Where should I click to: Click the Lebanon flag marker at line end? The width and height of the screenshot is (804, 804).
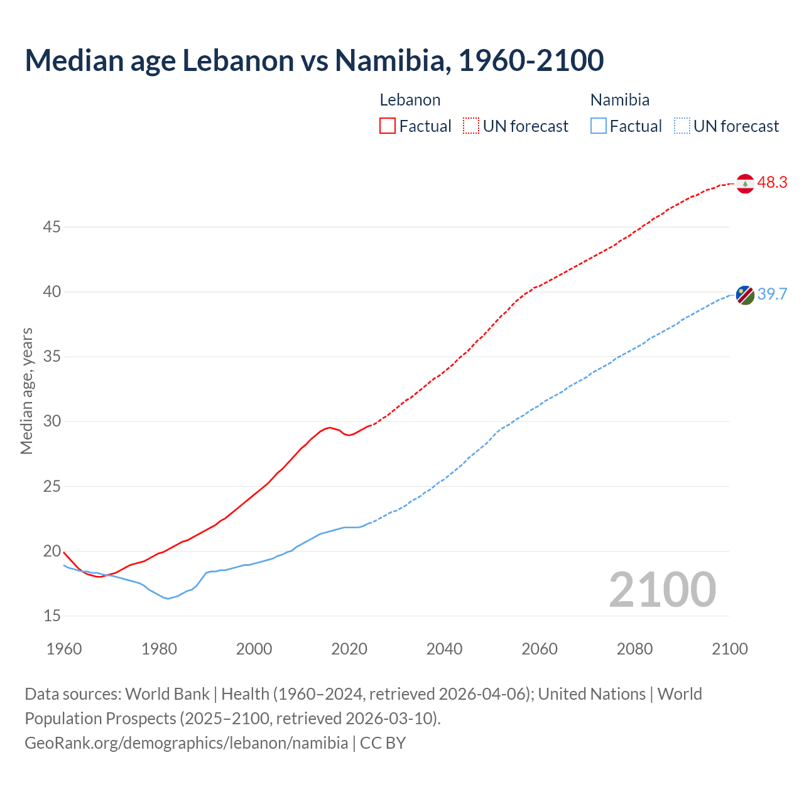pyautogui.click(x=745, y=183)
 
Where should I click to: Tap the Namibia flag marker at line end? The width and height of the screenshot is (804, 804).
pyautogui.click(x=745, y=295)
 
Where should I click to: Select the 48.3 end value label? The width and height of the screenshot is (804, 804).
pyautogui.click(x=772, y=183)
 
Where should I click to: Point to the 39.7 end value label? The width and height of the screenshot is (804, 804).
pyautogui.click(x=772, y=294)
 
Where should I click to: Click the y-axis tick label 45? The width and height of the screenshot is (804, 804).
pyautogui.click(x=52, y=227)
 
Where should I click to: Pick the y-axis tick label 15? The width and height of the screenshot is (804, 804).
pyautogui.click(x=52, y=616)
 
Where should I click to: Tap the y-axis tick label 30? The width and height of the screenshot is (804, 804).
pyautogui.click(x=52, y=421)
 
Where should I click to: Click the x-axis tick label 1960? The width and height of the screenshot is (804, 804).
pyautogui.click(x=64, y=649)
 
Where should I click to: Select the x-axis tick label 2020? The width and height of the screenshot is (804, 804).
pyautogui.click(x=349, y=649)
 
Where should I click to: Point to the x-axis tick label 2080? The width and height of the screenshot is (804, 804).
pyautogui.click(x=634, y=649)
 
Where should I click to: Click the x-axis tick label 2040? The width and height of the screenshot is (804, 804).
pyautogui.click(x=444, y=649)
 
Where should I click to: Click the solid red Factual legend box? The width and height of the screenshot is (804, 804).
pyautogui.click(x=388, y=126)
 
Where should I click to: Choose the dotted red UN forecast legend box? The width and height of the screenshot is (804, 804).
pyautogui.click(x=471, y=126)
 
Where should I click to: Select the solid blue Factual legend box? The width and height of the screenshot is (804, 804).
pyautogui.click(x=599, y=126)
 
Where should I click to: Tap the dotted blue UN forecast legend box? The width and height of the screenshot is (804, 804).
pyautogui.click(x=682, y=126)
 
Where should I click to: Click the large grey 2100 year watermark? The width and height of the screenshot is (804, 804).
pyautogui.click(x=662, y=589)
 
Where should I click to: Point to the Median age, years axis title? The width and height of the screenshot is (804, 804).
pyautogui.click(x=26, y=391)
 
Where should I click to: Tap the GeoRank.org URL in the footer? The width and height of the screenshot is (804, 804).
pyautogui.click(x=186, y=742)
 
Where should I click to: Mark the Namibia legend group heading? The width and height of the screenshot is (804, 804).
pyautogui.click(x=619, y=100)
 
